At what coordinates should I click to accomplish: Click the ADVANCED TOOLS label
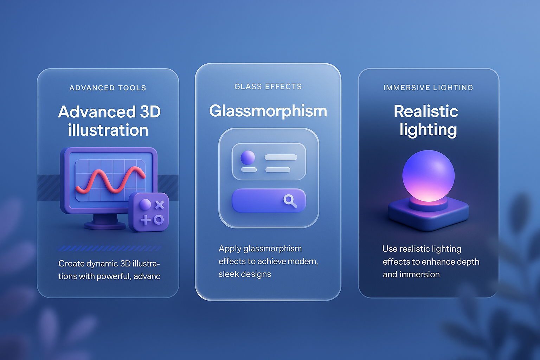(x=108, y=88)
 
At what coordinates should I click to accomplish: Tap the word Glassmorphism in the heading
(x=268, y=111)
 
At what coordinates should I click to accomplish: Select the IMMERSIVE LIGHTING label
(x=428, y=88)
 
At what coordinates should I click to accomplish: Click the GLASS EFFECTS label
(x=268, y=86)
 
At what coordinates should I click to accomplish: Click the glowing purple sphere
(x=429, y=176)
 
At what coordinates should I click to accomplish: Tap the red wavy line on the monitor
(x=111, y=180)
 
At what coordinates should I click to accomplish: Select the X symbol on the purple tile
(x=159, y=205)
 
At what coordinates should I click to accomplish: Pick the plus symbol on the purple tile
(x=145, y=220)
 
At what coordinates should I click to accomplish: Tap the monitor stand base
(x=105, y=226)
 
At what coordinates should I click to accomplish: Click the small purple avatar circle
(x=248, y=158)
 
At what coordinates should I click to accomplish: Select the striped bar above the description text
(x=110, y=248)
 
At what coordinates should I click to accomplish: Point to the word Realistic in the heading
(x=426, y=111)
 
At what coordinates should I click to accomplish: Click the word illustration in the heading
(x=108, y=130)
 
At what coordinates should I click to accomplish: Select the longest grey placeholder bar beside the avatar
(x=281, y=157)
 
